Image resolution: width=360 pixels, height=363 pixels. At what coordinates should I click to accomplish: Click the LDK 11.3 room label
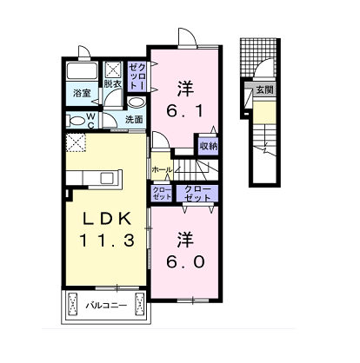point(107,229)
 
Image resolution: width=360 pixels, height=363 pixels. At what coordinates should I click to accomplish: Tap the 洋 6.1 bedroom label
point(185,99)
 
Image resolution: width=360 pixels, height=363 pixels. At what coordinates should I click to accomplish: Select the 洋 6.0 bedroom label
point(185,250)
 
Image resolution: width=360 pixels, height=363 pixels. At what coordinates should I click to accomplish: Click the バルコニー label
point(106,305)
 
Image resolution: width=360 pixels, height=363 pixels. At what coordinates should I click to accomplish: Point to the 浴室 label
point(82,93)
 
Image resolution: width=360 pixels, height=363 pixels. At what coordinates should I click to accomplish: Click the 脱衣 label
point(113,84)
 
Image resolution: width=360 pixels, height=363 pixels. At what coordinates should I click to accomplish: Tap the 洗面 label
point(134,119)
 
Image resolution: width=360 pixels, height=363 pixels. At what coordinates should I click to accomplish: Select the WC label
point(91,121)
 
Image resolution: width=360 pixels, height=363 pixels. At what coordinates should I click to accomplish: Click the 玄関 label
point(264,89)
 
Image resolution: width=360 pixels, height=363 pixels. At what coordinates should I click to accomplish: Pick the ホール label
point(162,169)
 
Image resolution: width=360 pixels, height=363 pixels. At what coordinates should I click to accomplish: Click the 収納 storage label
point(209,146)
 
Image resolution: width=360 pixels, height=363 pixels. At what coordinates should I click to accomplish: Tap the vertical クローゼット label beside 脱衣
point(137,76)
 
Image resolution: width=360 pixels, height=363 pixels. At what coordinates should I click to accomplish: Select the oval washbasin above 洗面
point(136,102)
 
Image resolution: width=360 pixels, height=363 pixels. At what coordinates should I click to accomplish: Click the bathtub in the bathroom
point(82,71)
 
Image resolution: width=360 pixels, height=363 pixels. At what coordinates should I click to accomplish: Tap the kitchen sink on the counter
point(109,177)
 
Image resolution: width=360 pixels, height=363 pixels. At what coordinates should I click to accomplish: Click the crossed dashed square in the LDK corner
point(76,142)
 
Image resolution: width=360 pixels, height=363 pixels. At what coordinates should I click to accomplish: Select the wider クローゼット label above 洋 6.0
point(197,194)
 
